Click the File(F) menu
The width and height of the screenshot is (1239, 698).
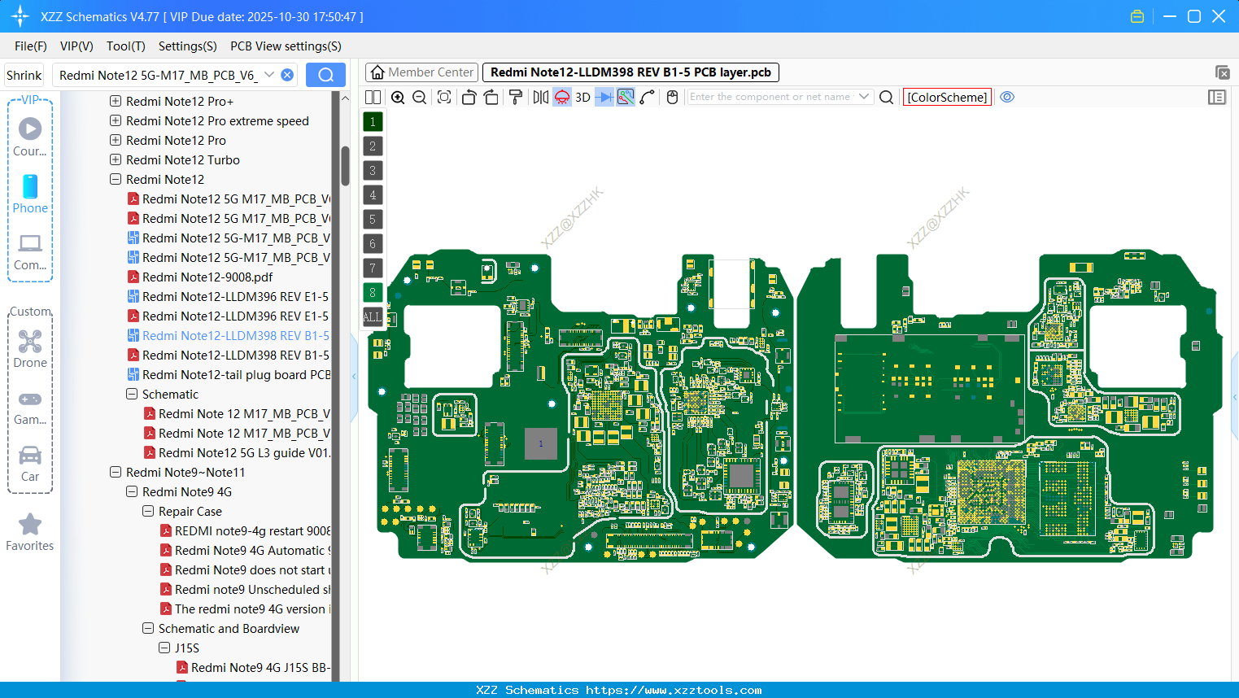(30, 46)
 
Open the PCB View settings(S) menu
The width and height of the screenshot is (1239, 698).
(286, 46)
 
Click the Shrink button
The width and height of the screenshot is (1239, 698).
(24, 76)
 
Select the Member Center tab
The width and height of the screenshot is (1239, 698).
(421, 72)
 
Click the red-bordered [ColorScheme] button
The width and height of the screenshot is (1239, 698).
(947, 98)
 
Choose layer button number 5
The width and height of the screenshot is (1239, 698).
(373, 220)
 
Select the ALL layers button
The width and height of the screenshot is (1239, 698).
(372, 317)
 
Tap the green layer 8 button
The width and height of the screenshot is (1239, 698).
(373, 293)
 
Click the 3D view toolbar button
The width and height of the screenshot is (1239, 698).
(582, 98)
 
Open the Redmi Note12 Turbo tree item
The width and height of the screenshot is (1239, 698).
(182, 160)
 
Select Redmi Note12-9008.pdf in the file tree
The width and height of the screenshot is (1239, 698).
(207, 277)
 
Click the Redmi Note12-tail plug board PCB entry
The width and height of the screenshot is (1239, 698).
(236, 375)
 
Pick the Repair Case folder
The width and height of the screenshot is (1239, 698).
(190, 512)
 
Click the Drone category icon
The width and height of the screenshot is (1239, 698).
(30, 342)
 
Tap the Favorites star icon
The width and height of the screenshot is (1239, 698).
(30, 525)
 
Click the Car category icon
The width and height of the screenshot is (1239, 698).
(30, 456)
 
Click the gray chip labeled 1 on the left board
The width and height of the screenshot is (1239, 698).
(540, 443)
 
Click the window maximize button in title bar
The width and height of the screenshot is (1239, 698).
(1194, 16)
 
